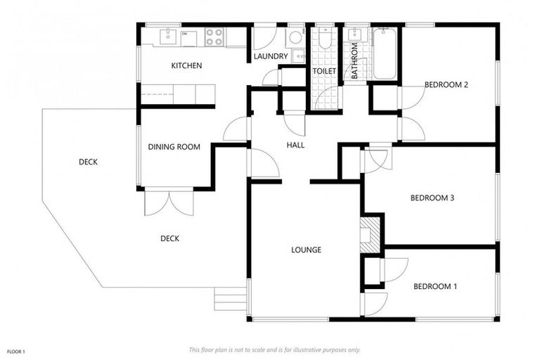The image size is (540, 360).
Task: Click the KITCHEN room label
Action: tap(186, 66)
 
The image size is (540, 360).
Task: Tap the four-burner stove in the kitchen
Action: tap(214, 37)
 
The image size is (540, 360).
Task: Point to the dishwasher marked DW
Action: tap(185, 36)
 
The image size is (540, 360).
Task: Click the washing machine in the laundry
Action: tap(295, 37)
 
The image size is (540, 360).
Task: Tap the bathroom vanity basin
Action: tap(354, 35)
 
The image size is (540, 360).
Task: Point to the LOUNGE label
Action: tap(307, 250)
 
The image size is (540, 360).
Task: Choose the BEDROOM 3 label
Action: tap(432, 198)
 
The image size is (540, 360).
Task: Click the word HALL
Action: tap(295, 145)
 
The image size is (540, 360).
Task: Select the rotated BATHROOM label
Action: tap(355, 60)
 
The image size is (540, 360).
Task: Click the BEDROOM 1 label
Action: tap(435, 286)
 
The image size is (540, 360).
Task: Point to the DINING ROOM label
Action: tap(174, 147)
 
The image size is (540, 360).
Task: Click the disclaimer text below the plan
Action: tap(274, 349)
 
